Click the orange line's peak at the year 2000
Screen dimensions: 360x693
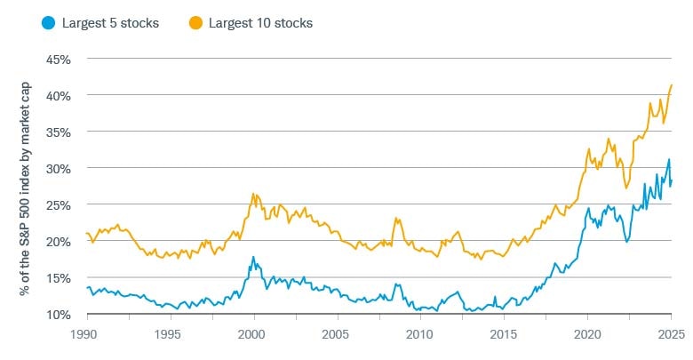pos(253,194)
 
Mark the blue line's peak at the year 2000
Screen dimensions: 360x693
pos(254,257)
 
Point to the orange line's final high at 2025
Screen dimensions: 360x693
pos(672,85)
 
